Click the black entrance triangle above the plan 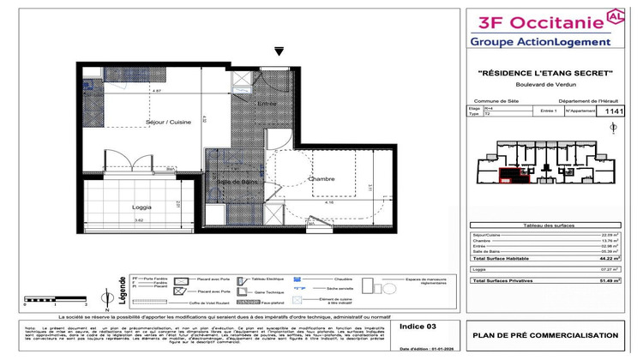tap(278, 51)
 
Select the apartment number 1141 tap(615, 111)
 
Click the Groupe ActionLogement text tap(540, 41)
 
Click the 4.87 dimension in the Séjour tap(133, 90)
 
